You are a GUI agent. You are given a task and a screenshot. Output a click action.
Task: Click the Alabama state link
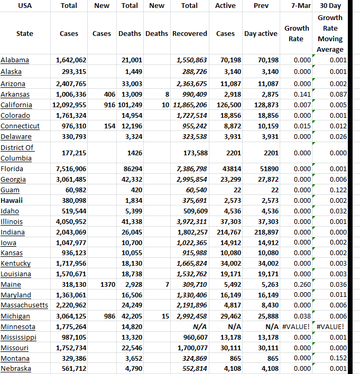(15, 60)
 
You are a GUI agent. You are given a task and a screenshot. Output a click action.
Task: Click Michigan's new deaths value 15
(165, 316)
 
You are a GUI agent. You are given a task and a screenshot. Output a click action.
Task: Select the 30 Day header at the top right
(330, 6)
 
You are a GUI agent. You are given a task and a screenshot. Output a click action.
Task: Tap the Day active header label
(261, 33)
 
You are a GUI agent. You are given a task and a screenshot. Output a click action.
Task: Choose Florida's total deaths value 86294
(133, 169)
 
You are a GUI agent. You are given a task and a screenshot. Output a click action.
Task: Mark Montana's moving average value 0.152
(337, 358)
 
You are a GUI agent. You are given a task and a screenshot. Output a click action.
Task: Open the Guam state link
(10, 190)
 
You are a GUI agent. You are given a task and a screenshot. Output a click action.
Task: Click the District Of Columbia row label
(18, 153)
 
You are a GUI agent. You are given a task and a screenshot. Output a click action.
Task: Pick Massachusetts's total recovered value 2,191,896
(191, 305)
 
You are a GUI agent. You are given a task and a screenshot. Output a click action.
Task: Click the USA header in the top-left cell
(25, 6)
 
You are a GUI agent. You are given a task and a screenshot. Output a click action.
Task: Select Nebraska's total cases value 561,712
(71, 369)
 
